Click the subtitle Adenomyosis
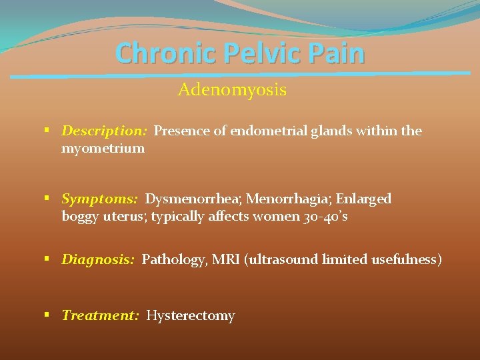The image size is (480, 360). click(232, 90)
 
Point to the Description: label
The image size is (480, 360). click(104, 131)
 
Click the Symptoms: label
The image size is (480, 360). click(99, 199)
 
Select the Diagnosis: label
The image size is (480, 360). click(98, 259)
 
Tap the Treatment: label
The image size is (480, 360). click(100, 315)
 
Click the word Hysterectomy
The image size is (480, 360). click(191, 315)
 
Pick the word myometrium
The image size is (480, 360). click(103, 148)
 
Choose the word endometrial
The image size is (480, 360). click(269, 131)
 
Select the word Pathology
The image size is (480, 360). click(173, 259)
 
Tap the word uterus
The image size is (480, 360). click(125, 216)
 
